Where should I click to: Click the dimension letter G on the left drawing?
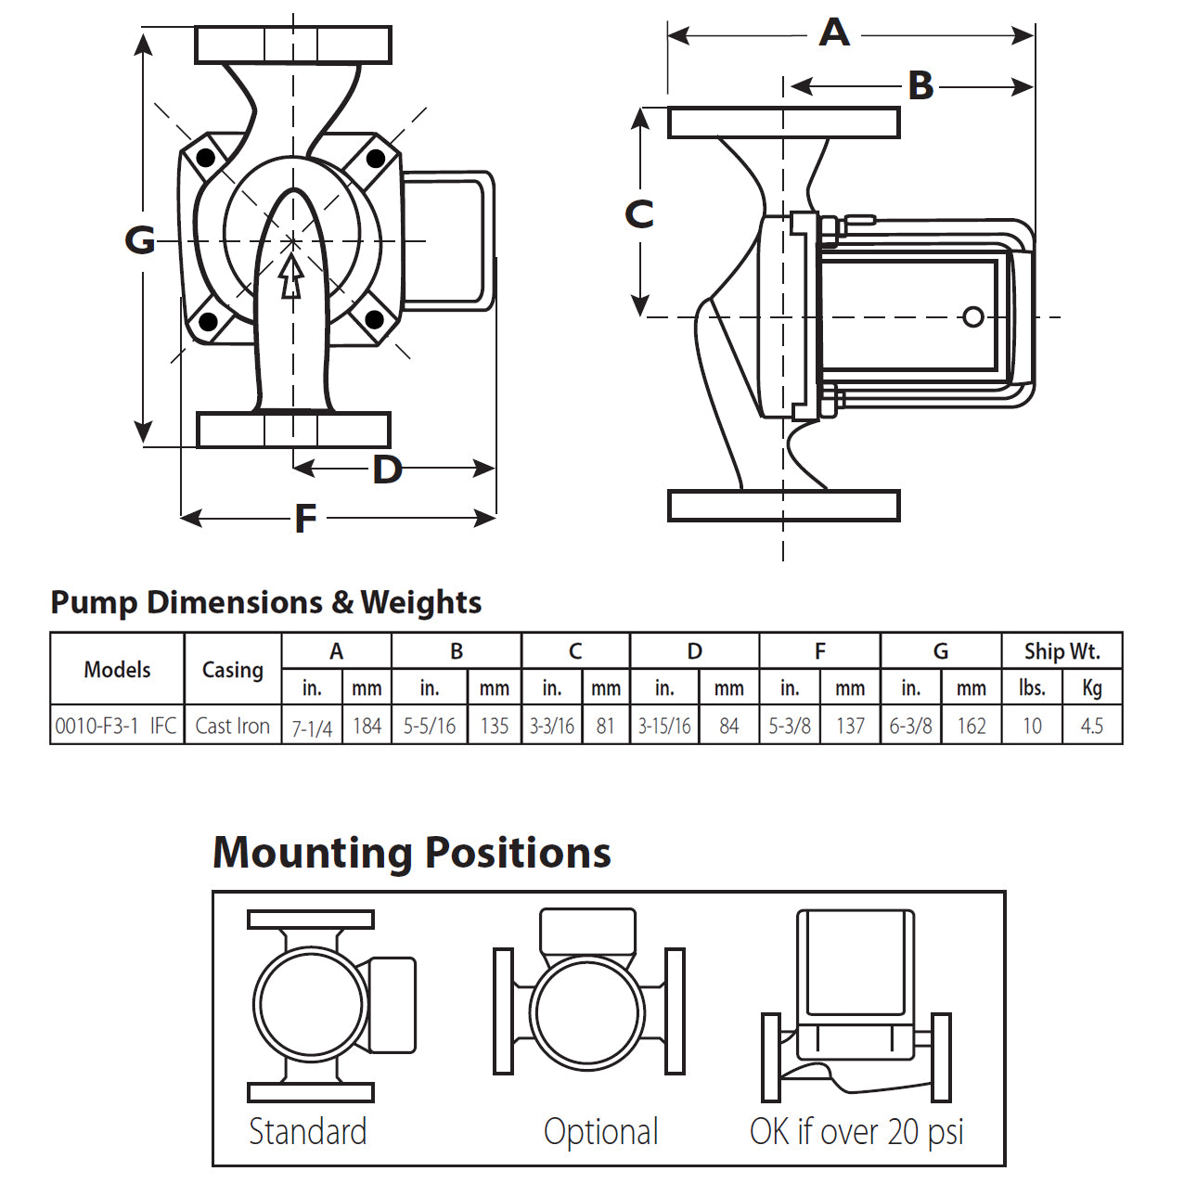140,240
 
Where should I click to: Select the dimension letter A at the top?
834,33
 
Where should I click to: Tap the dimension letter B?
920,86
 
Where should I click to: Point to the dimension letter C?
639,214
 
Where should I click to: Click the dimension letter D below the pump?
387,470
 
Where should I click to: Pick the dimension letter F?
305,519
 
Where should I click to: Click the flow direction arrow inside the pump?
291,277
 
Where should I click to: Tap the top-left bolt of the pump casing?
206,158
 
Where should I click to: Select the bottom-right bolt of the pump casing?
374,320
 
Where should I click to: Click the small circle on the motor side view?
972,317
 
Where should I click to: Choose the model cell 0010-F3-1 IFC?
116,726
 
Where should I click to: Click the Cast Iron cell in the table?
232,726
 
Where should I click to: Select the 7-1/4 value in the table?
312,727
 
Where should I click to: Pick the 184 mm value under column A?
367,726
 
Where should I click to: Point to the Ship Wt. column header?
1062,651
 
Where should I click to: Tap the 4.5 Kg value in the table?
1091,726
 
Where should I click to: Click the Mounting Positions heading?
412,853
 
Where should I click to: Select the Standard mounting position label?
308,1132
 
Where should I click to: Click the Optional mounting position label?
601,1132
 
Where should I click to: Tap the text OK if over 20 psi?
856,1132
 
